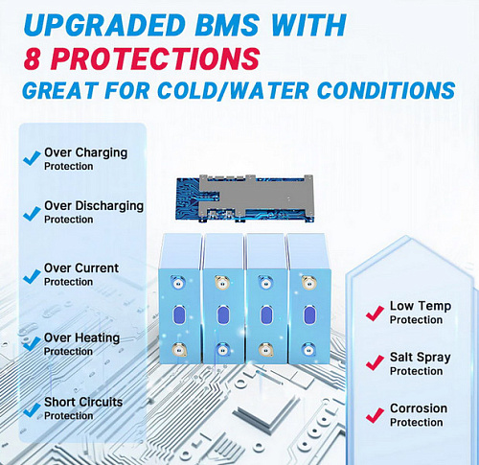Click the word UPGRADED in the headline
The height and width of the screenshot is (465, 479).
click(x=104, y=25)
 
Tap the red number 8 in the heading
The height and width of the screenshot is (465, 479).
click(x=32, y=58)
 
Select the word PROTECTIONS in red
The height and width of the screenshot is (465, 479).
click(x=155, y=58)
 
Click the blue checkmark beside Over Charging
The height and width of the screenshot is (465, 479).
click(x=32, y=158)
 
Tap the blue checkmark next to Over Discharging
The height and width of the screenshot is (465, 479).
click(x=32, y=213)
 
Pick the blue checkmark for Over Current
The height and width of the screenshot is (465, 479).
click(x=32, y=276)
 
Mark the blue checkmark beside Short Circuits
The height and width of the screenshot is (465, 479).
click(x=32, y=409)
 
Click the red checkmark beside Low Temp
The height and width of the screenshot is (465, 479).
click(x=375, y=314)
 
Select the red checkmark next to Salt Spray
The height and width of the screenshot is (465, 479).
click(x=375, y=362)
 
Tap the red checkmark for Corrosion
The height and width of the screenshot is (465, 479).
click(x=375, y=415)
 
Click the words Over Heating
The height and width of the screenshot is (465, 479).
click(x=81, y=337)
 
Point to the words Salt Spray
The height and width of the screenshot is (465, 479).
click(x=421, y=358)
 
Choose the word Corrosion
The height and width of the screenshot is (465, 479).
click(x=419, y=408)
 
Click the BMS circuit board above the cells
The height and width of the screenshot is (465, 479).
click(x=245, y=198)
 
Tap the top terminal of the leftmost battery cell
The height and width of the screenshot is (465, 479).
click(x=177, y=283)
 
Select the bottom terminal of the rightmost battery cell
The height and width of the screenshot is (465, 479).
click(x=308, y=350)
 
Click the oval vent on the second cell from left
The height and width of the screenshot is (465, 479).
click(x=223, y=315)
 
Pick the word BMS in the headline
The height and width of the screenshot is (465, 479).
click(x=227, y=25)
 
